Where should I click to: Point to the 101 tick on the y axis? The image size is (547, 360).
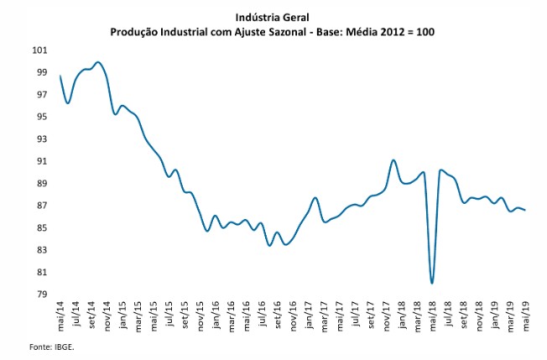[40, 50]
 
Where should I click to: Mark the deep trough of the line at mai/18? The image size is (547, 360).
[432, 283]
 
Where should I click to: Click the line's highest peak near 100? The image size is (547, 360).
[99, 62]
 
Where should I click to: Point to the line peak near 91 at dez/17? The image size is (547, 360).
[393, 160]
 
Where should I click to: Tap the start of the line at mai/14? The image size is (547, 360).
[61, 76]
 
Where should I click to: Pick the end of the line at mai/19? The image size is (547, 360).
[525, 210]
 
